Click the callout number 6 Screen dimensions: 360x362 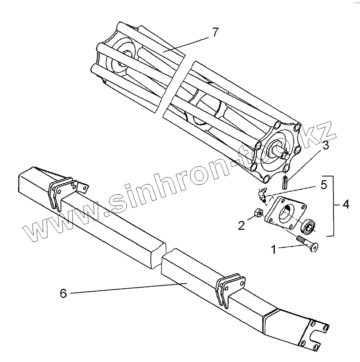click(63, 293)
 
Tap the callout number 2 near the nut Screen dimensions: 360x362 click(241, 225)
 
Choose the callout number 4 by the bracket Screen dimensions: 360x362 click(346, 205)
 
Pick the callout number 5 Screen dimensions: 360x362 click(324, 185)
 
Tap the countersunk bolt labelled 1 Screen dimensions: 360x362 click(308, 244)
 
